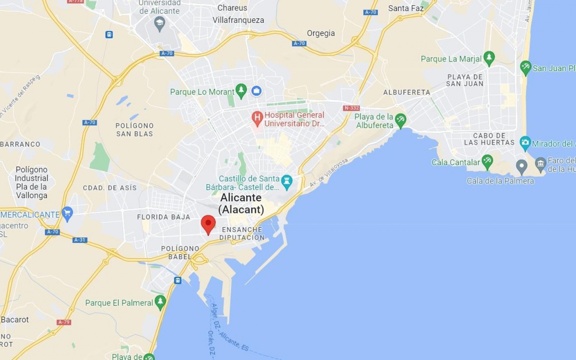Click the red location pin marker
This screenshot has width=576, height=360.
[208, 223]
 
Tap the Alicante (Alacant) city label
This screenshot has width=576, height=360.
[241, 203]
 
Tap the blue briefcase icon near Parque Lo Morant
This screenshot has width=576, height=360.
[256, 90]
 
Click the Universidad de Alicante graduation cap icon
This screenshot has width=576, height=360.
[160, 23]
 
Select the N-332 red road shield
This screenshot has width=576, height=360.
[351, 108]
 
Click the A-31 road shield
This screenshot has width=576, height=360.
[80, 240]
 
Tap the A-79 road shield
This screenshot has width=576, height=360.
[64, 322]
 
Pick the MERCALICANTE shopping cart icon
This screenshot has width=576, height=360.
[67, 213]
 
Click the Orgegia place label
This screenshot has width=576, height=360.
[321, 33]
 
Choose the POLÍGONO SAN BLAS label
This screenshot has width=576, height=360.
[135, 130]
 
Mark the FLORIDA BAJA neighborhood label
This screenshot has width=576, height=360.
[163, 217]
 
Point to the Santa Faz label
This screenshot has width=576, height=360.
[406, 8]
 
